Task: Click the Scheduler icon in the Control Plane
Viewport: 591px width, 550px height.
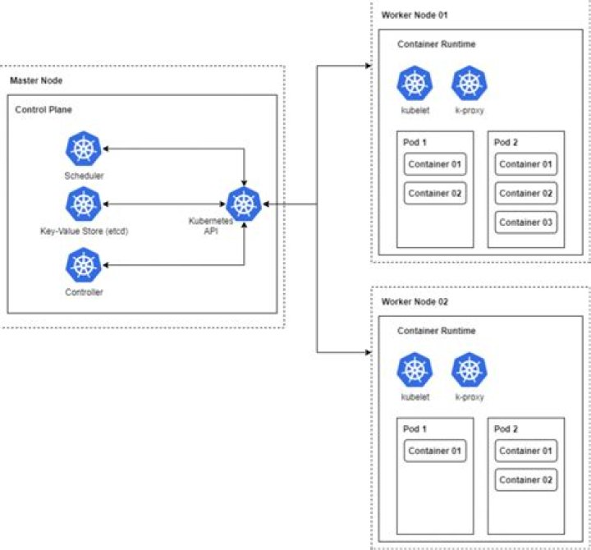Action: (83, 149)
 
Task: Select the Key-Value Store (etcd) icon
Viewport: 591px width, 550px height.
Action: (83, 204)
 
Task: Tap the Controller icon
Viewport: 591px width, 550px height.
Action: (83, 265)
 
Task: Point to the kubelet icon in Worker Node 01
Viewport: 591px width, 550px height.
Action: (412, 83)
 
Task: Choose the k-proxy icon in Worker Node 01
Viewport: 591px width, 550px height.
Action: (468, 83)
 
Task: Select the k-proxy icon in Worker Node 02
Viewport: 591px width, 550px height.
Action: (468, 369)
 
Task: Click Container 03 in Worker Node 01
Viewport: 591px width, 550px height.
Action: (525, 222)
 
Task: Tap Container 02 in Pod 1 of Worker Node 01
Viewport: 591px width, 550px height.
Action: (435, 194)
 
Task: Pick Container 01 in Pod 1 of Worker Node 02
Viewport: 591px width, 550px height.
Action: (435, 451)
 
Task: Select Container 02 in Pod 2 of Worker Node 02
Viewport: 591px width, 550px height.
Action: (525, 479)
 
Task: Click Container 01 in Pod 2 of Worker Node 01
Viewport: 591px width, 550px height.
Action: (525, 164)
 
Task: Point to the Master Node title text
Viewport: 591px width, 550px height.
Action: (35, 80)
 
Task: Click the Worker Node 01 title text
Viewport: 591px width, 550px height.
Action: (415, 16)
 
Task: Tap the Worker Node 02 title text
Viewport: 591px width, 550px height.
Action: (415, 302)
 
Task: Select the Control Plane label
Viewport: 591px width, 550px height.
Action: (43, 109)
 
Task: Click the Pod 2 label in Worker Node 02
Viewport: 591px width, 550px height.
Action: (507, 429)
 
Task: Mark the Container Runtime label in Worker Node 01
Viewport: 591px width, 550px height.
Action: (436, 44)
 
